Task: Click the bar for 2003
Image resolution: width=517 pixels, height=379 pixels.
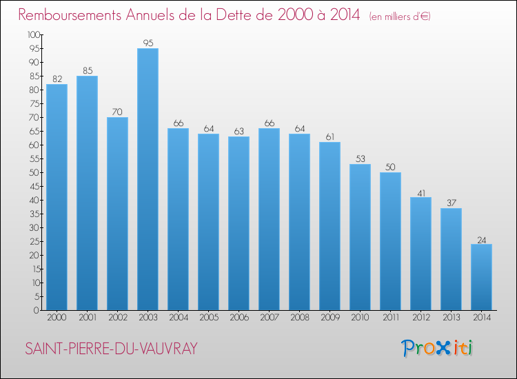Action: pos(148,179)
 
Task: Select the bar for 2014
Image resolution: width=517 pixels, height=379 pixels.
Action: pos(481,277)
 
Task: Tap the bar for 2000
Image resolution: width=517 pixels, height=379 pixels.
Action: pos(57,197)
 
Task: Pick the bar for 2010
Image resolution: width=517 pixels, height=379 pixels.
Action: pos(360,237)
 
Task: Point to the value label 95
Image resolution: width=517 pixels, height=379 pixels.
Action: pos(148,43)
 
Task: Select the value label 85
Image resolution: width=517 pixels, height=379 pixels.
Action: pos(87,70)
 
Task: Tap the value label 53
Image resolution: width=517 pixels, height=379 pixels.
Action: pos(360,158)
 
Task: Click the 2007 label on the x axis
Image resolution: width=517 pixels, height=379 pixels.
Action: pos(269,318)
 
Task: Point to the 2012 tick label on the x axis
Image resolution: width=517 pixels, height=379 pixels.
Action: pos(420,318)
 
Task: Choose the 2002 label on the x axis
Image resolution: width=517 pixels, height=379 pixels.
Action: pos(117,318)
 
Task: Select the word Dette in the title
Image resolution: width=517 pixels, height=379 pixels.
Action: pos(247,15)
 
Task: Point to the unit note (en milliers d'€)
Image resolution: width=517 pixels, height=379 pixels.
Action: pos(399,17)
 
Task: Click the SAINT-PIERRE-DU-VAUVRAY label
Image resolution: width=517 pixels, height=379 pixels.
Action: pos(111,349)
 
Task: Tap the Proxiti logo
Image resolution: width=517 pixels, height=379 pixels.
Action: pos(438,348)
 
